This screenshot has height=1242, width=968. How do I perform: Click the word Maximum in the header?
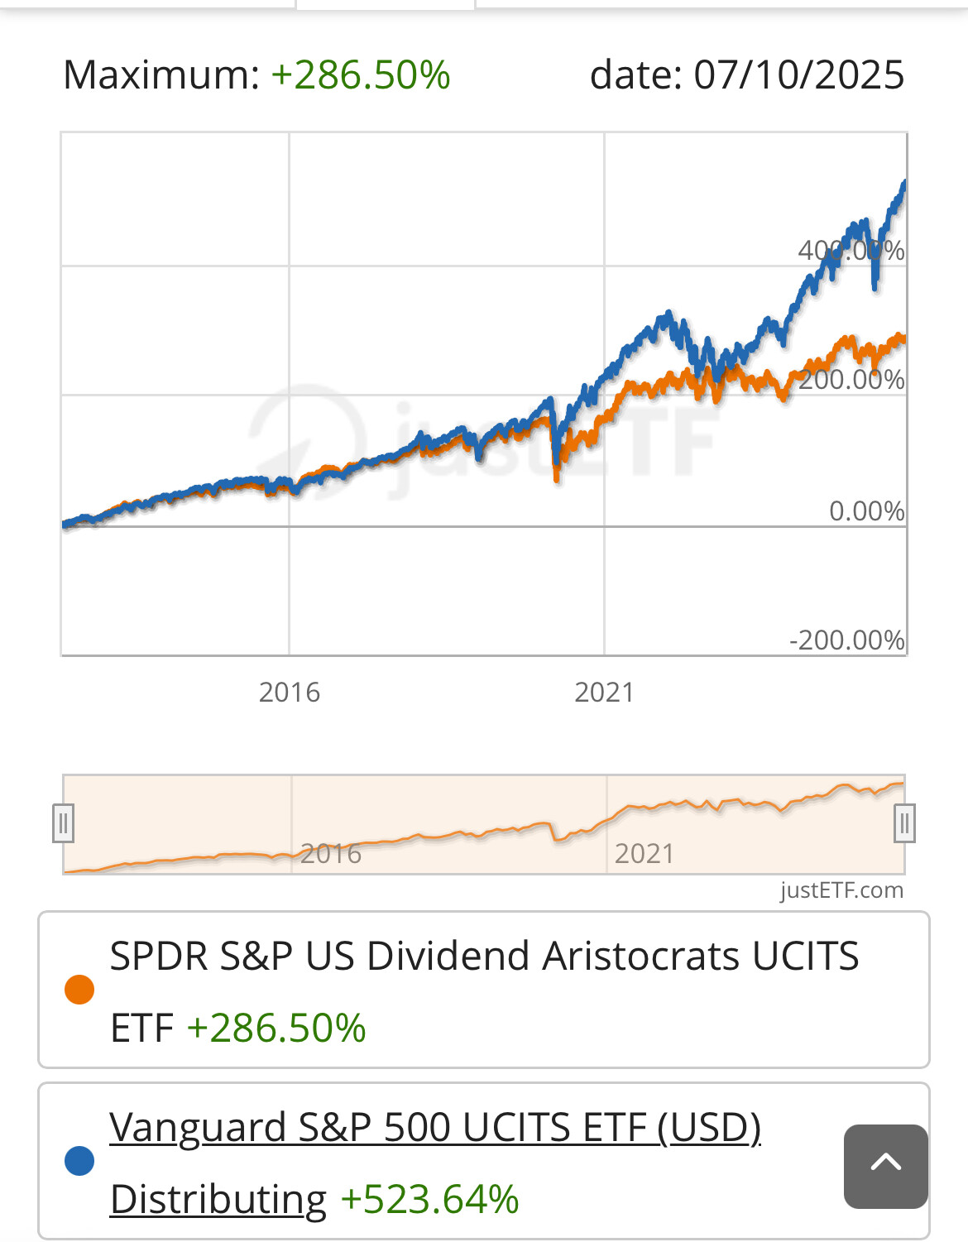click(x=161, y=75)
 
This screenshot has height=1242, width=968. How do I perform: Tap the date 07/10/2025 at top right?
click(x=798, y=75)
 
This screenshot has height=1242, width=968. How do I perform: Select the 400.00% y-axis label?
click(x=851, y=250)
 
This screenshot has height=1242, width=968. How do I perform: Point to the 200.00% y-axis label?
click(x=851, y=380)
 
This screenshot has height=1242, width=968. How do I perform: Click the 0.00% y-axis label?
click(x=866, y=511)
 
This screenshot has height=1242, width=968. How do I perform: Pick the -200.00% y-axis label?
click(x=846, y=640)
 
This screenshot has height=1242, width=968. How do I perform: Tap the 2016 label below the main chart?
click(x=289, y=692)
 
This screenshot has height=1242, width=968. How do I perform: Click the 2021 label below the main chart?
click(x=604, y=692)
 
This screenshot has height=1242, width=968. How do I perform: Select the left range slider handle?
click(x=64, y=823)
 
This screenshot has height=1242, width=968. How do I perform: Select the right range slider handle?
click(x=904, y=823)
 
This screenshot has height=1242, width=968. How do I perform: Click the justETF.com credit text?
click(x=841, y=890)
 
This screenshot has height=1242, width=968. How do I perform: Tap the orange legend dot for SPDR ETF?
click(x=79, y=990)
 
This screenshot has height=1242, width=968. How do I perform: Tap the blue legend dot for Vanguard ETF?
click(x=79, y=1161)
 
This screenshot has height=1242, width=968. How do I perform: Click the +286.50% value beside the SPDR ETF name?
click(x=276, y=1029)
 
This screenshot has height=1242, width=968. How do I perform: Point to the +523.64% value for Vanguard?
click(x=429, y=1199)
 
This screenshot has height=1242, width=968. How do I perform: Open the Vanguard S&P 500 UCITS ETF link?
click(x=434, y=1128)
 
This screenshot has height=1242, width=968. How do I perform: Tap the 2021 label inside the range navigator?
click(x=644, y=853)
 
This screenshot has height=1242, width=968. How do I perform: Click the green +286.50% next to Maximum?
click(x=361, y=75)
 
